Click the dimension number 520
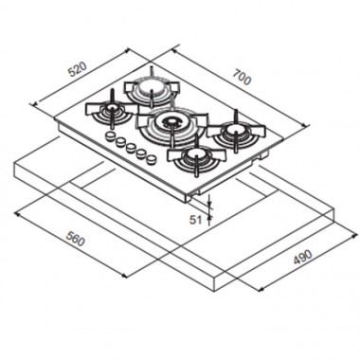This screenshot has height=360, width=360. (78, 69)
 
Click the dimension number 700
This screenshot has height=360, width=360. (243, 77)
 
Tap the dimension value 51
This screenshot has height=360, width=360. (195, 220)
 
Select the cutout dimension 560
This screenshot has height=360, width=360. (76, 239)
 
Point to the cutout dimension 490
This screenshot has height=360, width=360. (302, 257)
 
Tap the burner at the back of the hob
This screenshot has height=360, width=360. (152, 88)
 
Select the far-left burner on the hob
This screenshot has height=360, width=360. (112, 111)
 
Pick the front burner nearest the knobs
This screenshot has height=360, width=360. (196, 157)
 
